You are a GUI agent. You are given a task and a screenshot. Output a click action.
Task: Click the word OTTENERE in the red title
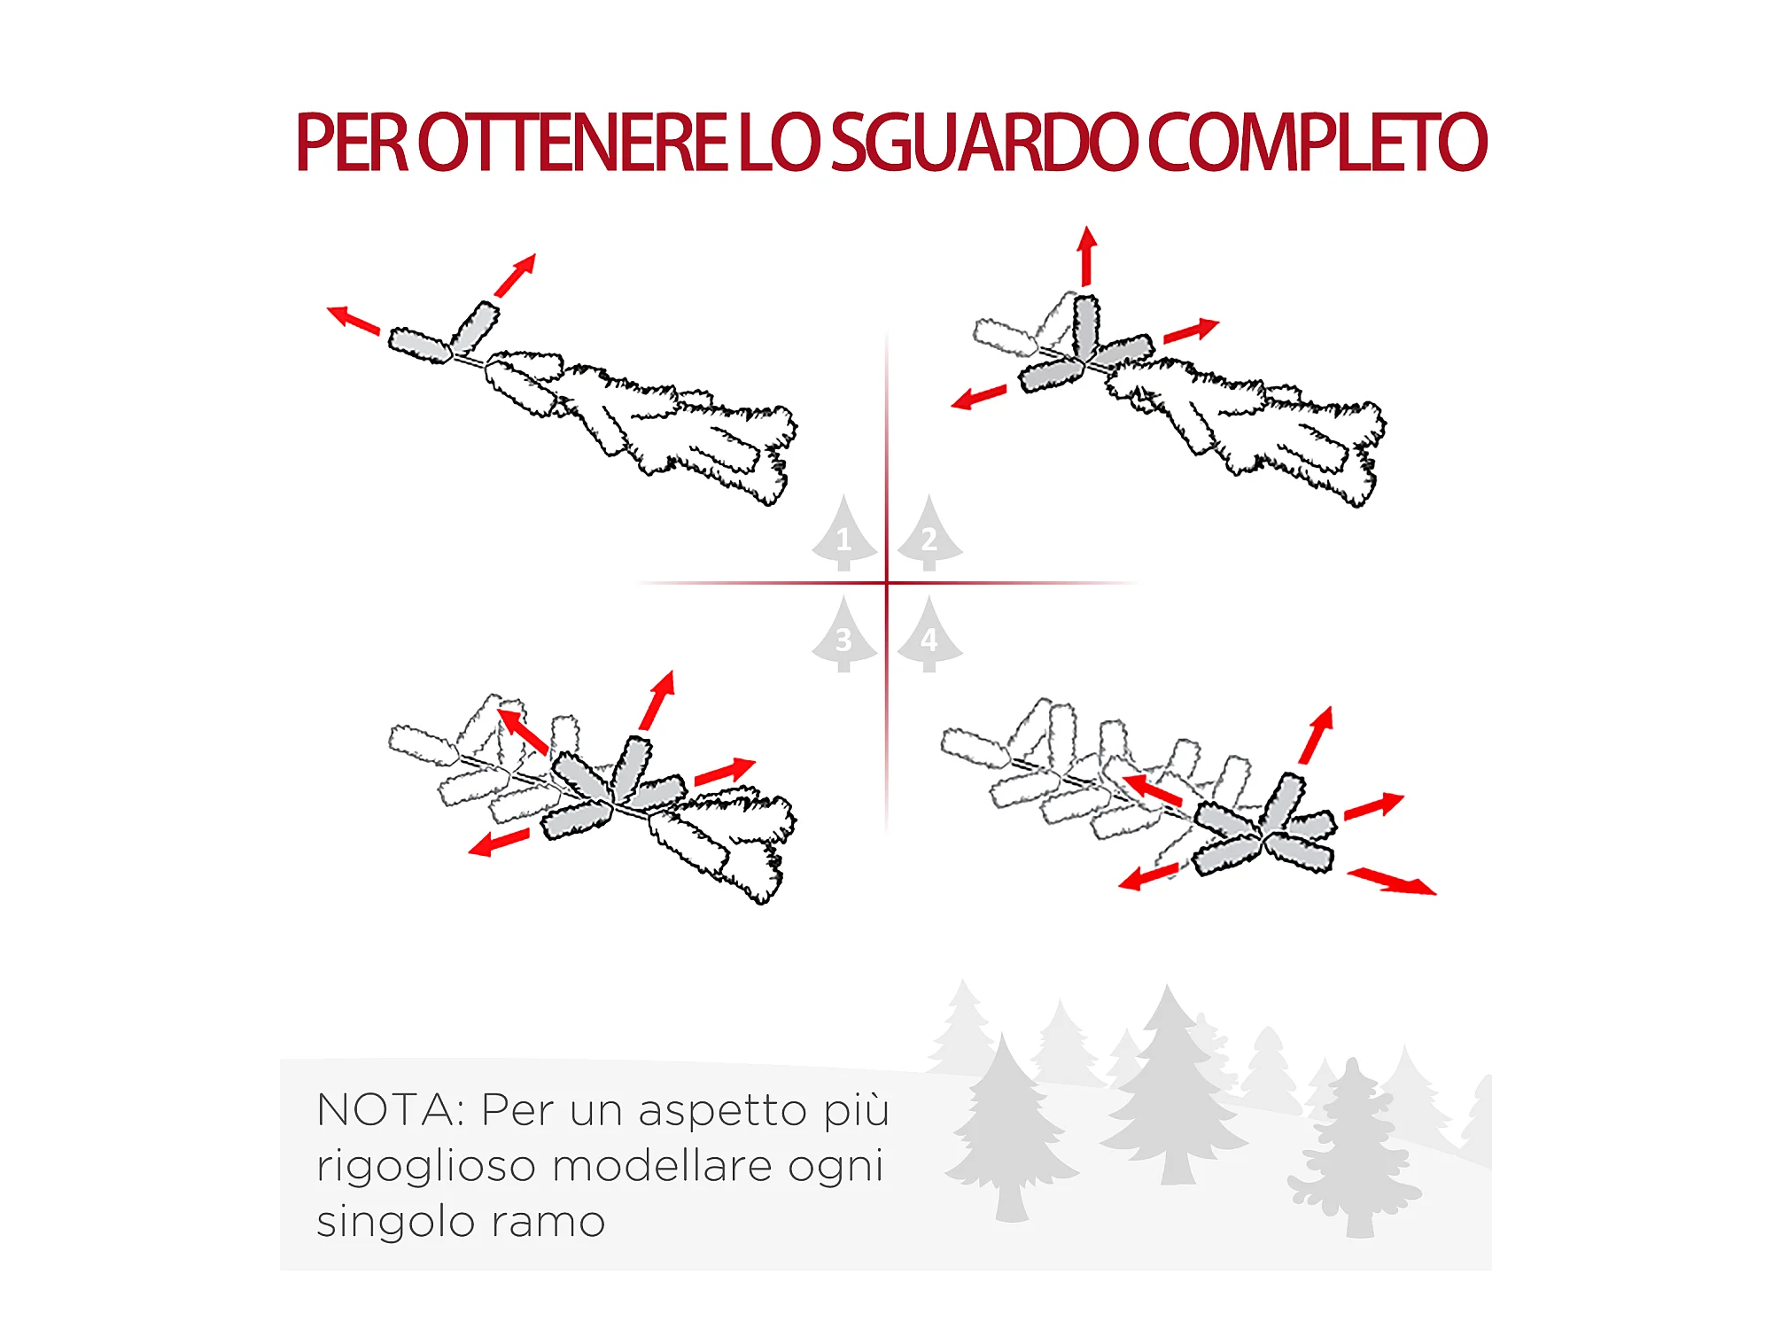(571, 143)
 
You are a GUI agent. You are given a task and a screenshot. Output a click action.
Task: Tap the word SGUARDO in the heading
(983, 143)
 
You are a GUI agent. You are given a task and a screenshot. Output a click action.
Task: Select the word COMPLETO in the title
(1317, 143)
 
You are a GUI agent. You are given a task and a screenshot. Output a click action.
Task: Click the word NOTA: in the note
(391, 1110)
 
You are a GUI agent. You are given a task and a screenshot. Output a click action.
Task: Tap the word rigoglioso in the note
(426, 1167)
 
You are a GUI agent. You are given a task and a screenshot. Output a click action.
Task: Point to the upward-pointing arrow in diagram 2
(1087, 255)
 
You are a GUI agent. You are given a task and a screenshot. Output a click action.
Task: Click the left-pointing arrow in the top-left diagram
(354, 320)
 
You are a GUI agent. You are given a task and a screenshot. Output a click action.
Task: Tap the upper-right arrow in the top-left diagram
(515, 276)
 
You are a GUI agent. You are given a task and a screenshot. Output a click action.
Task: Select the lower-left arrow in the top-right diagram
(978, 397)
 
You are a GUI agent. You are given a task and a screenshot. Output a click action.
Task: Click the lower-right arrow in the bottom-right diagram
(1392, 882)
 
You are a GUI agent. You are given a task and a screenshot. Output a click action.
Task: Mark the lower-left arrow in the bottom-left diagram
(499, 842)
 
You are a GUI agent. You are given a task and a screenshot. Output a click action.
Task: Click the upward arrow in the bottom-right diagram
(1316, 734)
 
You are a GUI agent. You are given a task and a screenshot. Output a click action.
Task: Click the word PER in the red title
(352, 143)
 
